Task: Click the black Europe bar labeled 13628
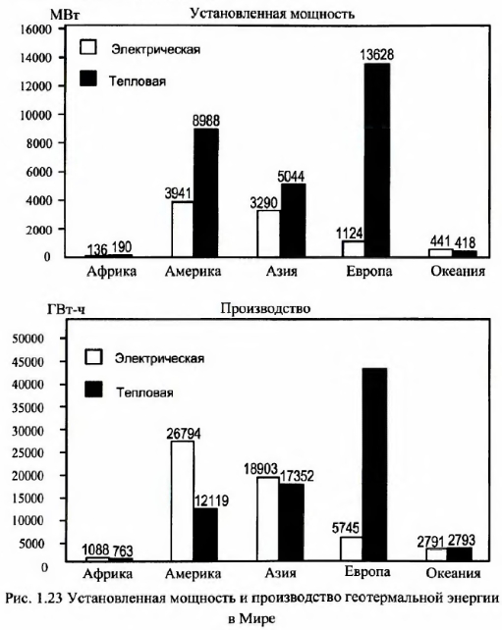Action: click(x=377, y=160)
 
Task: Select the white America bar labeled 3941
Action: click(x=182, y=229)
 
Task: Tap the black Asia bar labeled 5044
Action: click(x=293, y=220)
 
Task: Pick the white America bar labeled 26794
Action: click(x=182, y=501)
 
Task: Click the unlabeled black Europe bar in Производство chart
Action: click(x=374, y=464)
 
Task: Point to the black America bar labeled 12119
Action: click(x=205, y=535)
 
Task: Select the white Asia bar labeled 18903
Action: click(x=268, y=519)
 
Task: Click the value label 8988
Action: click(x=206, y=121)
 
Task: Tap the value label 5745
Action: click(x=346, y=528)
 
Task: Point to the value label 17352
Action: click(x=297, y=477)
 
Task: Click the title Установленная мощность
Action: click(x=272, y=14)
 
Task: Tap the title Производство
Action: click(x=265, y=308)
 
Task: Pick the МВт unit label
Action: click(x=65, y=15)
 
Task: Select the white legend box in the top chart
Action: click(x=88, y=47)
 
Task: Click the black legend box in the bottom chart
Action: click(x=93, y=390)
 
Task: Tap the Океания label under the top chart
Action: click(x=458, y=271)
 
